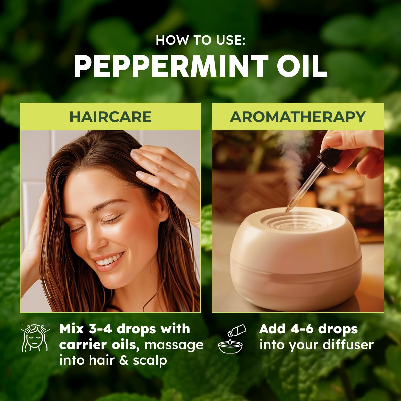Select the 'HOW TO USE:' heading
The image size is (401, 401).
pos(200,40)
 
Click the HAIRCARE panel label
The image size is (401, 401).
pos(110,117)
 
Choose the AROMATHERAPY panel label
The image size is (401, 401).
pos(298,117)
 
